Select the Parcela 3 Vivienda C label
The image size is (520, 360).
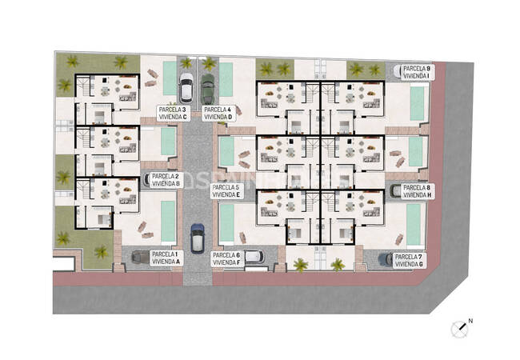[173, 113]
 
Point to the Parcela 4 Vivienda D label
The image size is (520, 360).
[218, 113]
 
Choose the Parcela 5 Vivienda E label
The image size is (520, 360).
[226, 190]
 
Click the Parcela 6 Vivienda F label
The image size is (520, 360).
[227, 258]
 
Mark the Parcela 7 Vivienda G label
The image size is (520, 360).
[410, 259]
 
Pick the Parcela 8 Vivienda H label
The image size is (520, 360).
[417, 190]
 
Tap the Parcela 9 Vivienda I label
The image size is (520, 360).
[416, 72]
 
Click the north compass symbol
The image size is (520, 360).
[461, 326]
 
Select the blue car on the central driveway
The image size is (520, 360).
[198, 237]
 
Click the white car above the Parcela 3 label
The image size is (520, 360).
[186, 86]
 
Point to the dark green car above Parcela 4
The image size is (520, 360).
[208, 88]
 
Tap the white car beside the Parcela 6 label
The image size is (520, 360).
[254, 256]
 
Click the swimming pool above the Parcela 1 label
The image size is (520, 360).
[168, 221]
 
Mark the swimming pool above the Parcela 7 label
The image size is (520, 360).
[414, 225]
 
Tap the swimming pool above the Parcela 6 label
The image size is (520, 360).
[227, 223]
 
